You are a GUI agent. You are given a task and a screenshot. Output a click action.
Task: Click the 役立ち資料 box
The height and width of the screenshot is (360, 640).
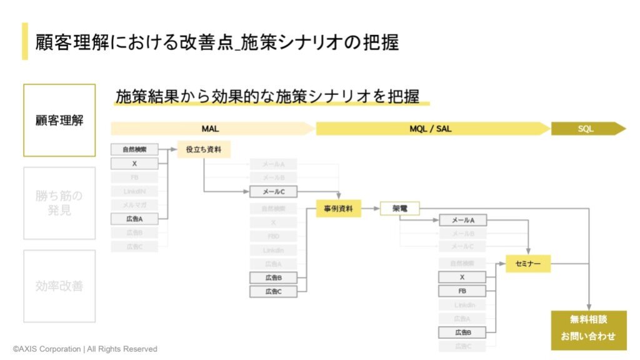204,149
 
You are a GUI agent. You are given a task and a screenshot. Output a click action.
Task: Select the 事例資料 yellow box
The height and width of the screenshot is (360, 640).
338,209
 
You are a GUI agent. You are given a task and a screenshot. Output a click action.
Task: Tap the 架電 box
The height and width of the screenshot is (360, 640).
399,209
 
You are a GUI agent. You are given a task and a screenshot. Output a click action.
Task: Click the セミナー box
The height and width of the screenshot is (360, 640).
528,264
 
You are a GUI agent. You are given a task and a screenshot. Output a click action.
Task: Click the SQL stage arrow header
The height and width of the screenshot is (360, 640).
587,129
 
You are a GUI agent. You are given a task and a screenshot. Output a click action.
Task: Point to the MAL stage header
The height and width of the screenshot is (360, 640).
211,129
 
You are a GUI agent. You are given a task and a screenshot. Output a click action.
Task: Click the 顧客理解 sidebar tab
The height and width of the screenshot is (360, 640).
59,121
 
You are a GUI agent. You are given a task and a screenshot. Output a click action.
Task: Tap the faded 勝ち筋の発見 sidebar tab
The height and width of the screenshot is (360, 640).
59,203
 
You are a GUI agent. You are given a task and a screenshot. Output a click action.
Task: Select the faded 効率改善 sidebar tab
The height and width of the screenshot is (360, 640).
59,286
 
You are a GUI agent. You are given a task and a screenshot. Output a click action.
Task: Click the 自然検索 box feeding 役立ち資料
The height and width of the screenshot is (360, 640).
134,149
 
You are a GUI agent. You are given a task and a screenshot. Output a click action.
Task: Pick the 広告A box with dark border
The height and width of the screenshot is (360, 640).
134,219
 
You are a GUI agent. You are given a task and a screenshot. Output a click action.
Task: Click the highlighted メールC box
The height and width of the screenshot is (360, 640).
273,192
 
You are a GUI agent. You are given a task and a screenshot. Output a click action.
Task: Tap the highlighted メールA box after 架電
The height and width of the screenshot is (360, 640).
462,220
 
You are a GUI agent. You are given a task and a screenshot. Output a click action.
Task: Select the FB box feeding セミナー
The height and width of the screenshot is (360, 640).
462,291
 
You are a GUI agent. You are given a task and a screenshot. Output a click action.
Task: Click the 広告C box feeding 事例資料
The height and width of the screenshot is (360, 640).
273,291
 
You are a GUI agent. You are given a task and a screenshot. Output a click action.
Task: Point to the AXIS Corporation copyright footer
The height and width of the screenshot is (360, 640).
85,349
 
